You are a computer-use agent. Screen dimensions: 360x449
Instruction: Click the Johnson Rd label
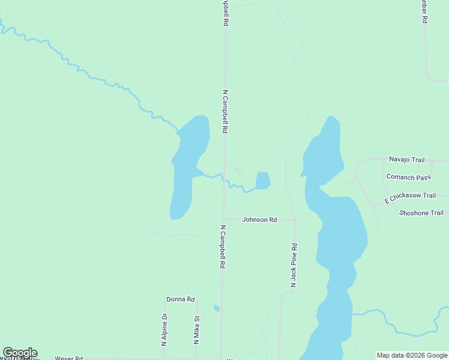coord(259,220)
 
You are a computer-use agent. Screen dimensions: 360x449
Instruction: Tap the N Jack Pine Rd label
coord(294,265)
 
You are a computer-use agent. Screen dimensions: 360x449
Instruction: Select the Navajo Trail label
coord(406,160)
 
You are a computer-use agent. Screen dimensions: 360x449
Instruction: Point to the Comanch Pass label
coord(409,177)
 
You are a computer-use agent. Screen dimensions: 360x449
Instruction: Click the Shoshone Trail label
coord(421,213)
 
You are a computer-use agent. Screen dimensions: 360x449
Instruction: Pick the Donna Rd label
coord(181,299)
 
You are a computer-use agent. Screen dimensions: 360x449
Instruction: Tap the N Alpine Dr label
coord(164,330)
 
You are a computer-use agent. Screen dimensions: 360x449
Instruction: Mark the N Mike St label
coord(196,331)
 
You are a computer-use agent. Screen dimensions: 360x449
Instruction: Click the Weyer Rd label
coord(68,358)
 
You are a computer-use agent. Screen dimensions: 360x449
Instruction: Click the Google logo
coord(20,353)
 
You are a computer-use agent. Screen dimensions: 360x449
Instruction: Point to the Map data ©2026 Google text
coord(412,355)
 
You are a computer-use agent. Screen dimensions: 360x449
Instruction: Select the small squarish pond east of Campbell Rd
coord(263,180)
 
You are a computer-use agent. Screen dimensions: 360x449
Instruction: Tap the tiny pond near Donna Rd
coord(217,308)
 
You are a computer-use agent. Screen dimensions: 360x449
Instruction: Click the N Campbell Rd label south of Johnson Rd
coord(222,247)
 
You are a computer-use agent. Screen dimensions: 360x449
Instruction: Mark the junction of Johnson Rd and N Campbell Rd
coord(223,220)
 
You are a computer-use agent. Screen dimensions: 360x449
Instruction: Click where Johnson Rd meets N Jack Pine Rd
coord(295,220)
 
